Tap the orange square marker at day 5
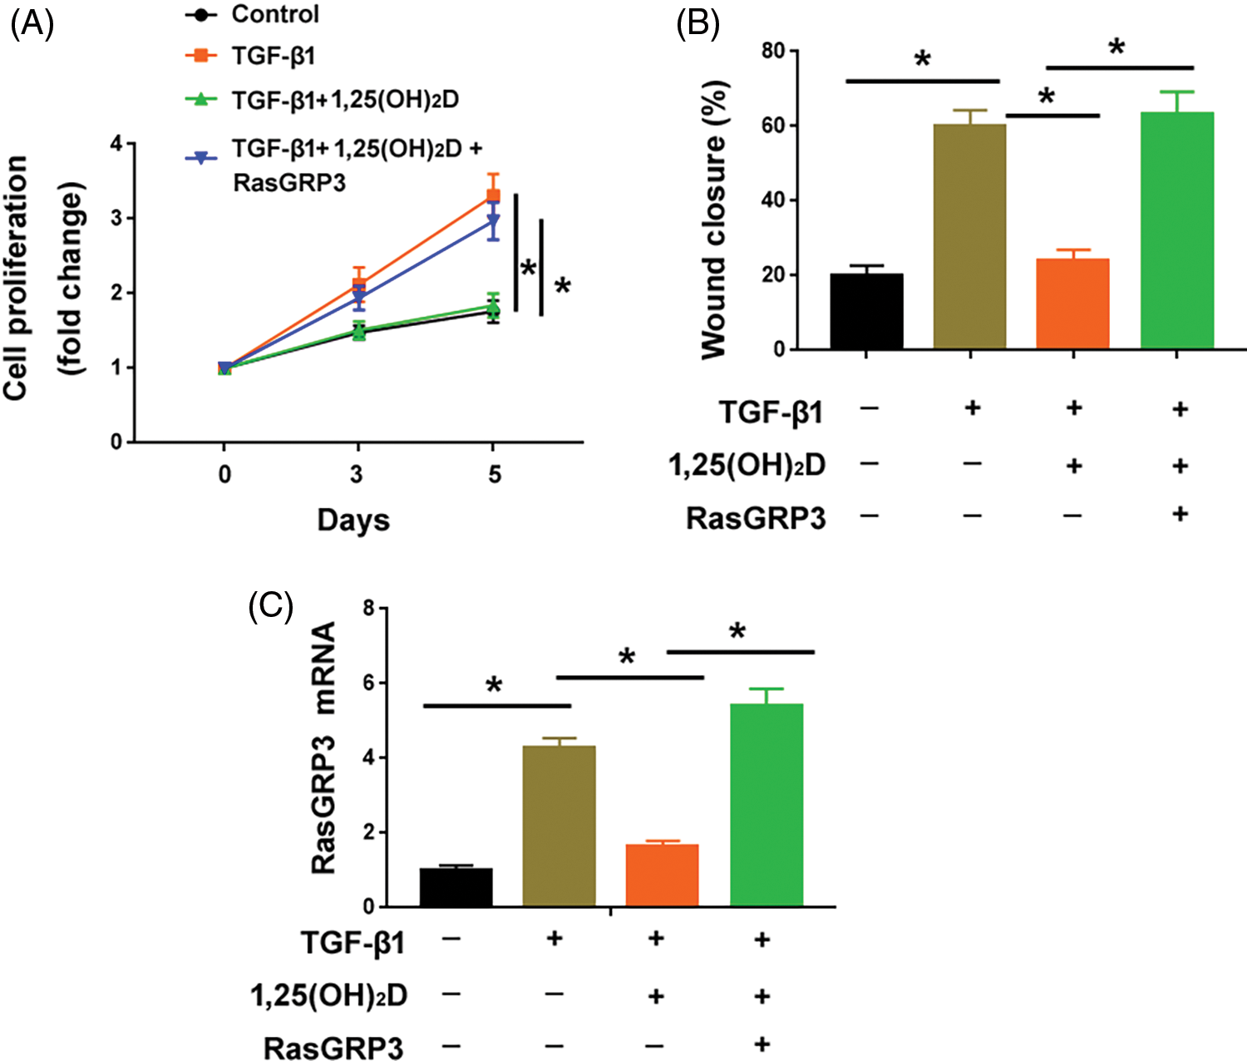click(x=493, y=196)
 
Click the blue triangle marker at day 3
click(x=359, y=298)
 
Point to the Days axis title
click(x=353, y=521)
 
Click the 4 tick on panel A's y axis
click(x=116, y=144)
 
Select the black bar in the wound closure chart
click(x=866, y=311)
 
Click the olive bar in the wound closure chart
click(x=969, y=236)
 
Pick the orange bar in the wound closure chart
click(x=1072, y=303)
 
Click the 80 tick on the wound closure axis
click(x=772, y=51)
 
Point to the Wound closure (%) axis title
click(x=714, y=220)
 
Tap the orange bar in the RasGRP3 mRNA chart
click(x=662, y=876)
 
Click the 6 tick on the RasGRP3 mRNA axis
click(x=368, y=683)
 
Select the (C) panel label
click(x=271, y=607)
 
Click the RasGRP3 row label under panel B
click(x=756, y=518)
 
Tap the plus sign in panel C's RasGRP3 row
click(x=762, y=1044)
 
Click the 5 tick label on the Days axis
click(x=495, y=475)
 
